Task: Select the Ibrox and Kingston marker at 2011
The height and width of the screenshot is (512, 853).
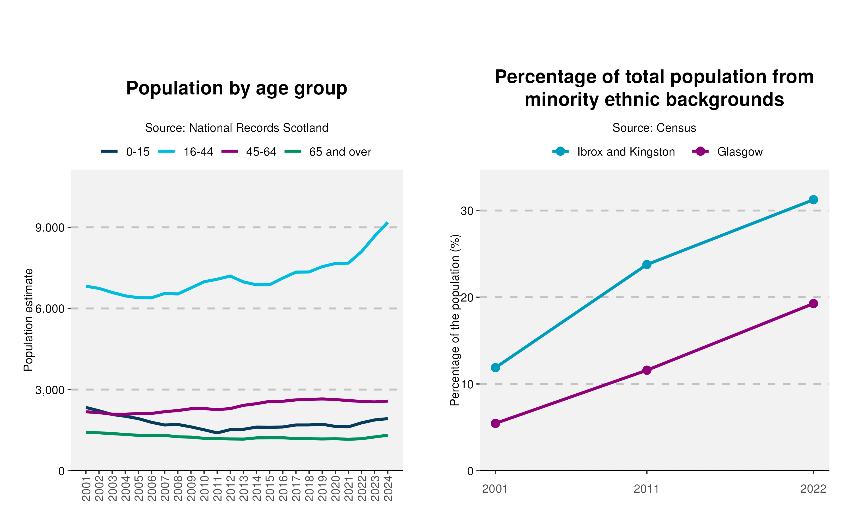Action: pyautogui.click(x=647, y=265)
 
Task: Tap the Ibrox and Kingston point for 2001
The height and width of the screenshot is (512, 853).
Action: pyautogui.click(x=496, y=368)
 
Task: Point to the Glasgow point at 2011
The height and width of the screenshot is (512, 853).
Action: pyautogui.click(x=647, y=370)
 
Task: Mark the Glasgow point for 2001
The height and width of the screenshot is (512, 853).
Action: pyautogui.click(x=496, y=423)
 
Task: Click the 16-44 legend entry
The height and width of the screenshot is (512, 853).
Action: pyautogui.click(x=185, y=152)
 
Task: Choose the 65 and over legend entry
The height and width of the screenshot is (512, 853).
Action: pyautogui.click(x=328, y=152)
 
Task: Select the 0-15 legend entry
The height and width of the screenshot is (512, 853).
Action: pyautogui.click(x=125, y=152)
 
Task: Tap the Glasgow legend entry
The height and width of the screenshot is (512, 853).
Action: pyautogui.click(x=728, y=152)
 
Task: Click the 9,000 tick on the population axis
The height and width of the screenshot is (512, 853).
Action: pyautogui.click(x=50, y=228)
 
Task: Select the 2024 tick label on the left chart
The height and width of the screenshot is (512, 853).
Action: pyautogui.click(x=388, y=488)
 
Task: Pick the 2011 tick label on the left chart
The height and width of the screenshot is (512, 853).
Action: pyautogui.click(x=217, y=488)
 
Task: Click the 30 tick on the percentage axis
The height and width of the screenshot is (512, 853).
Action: pyautogui.click(x=467, y=210)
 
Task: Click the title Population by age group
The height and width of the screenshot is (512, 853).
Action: pyautogui.click(x=237, y=88)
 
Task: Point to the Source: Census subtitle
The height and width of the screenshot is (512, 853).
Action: pyautogui.click(x=654, y=128)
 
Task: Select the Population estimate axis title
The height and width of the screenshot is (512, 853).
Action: pyautogui.click(x=28, y=320)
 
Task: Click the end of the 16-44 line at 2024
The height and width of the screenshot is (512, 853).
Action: pyautogui.click(x=388, y=223)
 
